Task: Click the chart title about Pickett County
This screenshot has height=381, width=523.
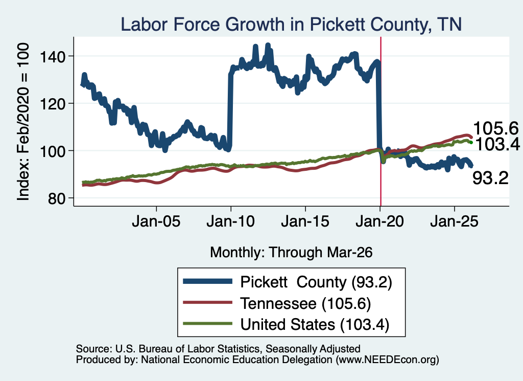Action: pos(291,25)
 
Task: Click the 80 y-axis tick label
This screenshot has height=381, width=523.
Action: pos(56,198)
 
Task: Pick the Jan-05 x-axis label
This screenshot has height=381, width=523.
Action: pos(156,221)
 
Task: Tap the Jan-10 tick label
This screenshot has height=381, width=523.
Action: pos(230,221)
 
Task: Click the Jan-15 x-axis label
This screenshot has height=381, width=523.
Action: pos(305,221)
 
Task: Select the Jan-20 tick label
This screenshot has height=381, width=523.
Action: pos(380,221)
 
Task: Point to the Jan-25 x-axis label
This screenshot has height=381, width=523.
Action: pos(454,221)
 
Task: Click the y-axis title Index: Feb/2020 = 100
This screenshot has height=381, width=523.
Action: pos(23,122)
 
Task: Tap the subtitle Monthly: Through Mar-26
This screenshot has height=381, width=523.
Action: pos(291,252)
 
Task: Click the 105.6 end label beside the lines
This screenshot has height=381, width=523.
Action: pos(495,128)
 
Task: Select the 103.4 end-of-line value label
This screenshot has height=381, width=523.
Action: pos(497,144)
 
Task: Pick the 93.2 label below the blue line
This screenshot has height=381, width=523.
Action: pos(490,178)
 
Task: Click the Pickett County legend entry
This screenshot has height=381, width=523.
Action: pos(288,282)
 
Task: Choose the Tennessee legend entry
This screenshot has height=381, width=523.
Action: pos(277,303)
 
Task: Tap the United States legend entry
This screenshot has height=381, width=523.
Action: pos(286,324)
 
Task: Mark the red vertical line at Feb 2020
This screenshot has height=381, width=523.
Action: pos(381,121)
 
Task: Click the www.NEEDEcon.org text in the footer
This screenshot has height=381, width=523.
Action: pos(387,360)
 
